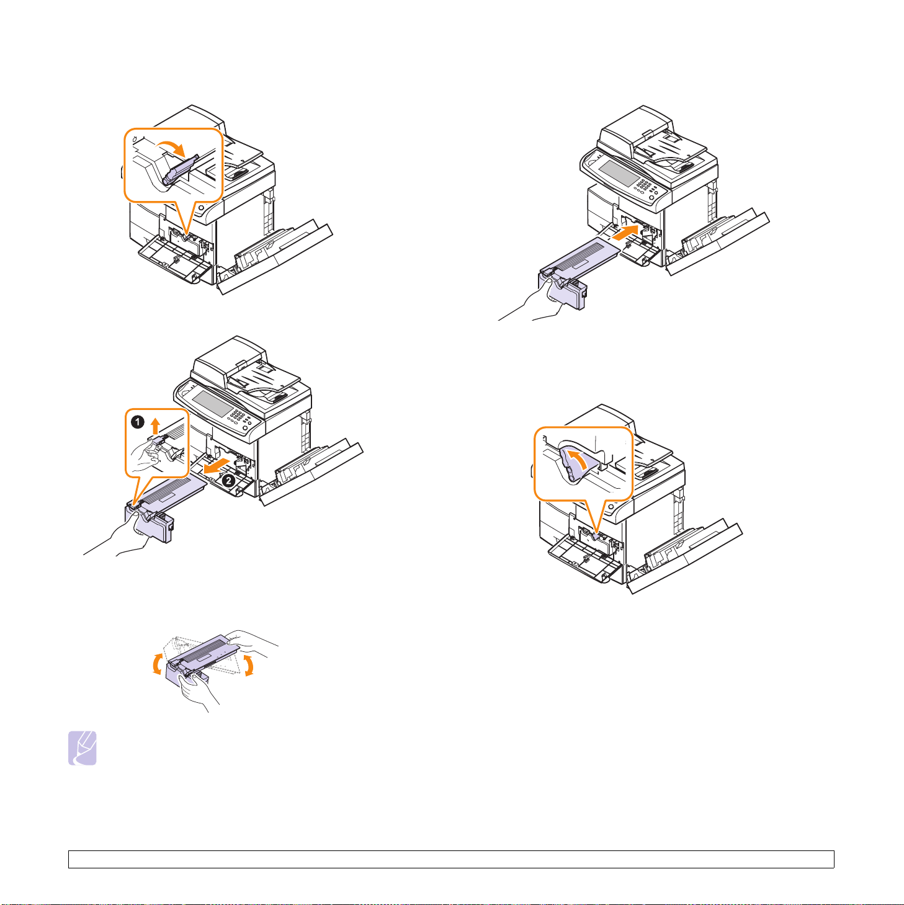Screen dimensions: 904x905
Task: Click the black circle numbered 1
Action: (x=137, y=422)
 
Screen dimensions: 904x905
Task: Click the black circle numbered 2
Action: (x=228, y=481)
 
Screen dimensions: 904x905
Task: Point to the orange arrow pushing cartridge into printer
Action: (x=625, y=232)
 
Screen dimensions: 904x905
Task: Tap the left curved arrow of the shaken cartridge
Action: (x=157, y=664)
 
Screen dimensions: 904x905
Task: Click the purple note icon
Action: (x=83, y=748)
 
